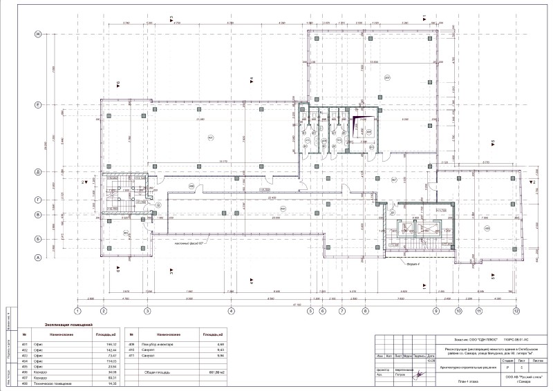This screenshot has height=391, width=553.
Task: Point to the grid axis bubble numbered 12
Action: coord(516,311)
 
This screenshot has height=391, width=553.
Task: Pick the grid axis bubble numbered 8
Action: coord(365,311)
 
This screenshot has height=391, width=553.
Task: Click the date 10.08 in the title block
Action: coord(431,361)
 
